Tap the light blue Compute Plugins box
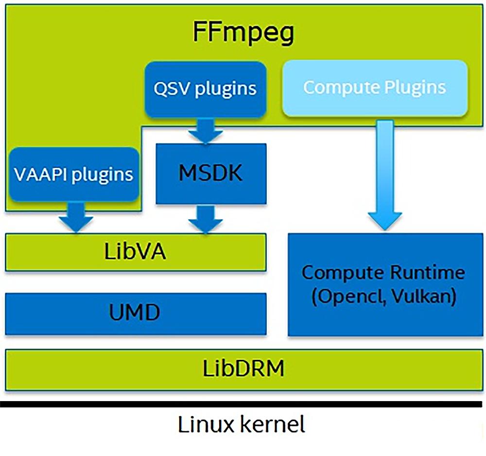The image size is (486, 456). [374, 88]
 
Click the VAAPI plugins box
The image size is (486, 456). [73, 174]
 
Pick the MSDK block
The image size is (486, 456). [211, 174]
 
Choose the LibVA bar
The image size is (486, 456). [136, 252]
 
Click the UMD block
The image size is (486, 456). [136, 314]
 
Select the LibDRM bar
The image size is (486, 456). [243, 369]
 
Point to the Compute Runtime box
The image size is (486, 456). [383, 285]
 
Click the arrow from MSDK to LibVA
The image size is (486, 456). [206, 218]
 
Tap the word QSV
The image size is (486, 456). [171, 88]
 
